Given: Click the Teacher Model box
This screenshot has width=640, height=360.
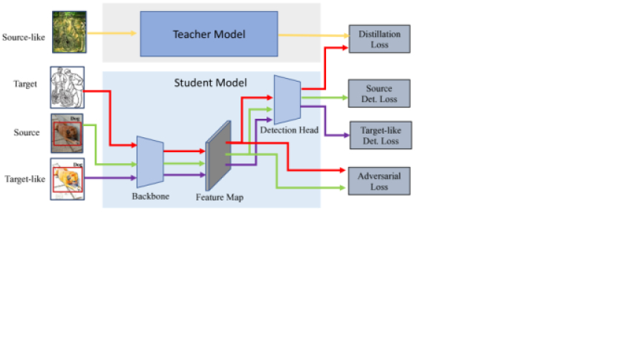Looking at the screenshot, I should (209, 33).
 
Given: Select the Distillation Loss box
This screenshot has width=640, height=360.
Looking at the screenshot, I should (379, 39).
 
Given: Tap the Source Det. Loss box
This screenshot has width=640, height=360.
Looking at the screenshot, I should (379, 94).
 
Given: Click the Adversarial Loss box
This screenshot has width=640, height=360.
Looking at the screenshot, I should (379, 181).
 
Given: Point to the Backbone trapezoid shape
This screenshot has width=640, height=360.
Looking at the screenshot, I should (149, 161).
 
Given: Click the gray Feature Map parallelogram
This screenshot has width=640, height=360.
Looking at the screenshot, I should (218, 155).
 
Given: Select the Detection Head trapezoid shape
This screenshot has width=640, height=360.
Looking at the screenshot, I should (286, 99).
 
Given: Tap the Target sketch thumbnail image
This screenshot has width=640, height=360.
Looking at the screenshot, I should (68, 88).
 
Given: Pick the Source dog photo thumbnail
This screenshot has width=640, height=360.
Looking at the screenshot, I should (68, 132).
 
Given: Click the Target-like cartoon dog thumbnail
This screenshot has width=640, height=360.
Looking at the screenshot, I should (68, 178).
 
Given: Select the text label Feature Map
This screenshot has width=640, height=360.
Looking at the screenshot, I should (218, 198).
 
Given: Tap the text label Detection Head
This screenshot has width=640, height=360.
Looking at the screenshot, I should (289, 131).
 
